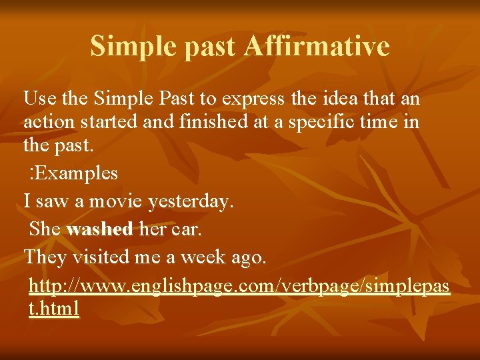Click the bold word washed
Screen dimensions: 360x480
point(100,229)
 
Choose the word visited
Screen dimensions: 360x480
point(104,257)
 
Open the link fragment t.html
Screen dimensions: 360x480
point(55,309)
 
